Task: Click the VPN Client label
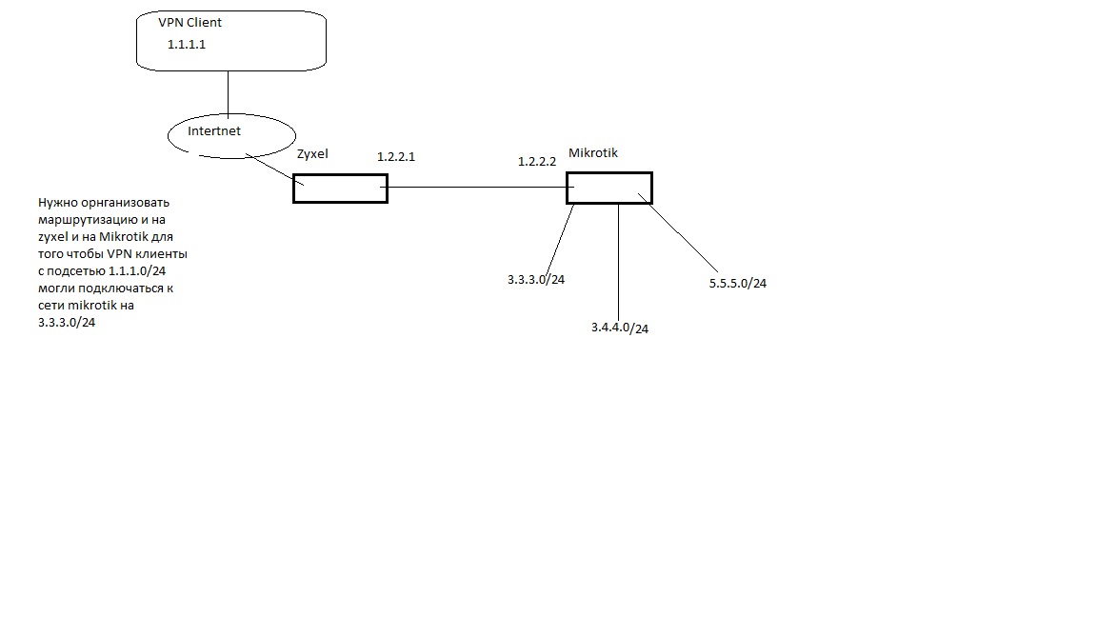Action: click(x=189, y=22)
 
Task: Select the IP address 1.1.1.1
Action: click(x=187, y=44)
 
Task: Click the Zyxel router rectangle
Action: click(x=340, y=189)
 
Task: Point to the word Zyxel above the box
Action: click(x=312, y=154)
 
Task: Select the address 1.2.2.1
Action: click(x=396, y=156)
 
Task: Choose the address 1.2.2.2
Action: click(x=537, y=162)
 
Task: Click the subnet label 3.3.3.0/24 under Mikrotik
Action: click(x=536, y=280)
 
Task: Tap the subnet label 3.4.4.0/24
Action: click(x=620, y=328)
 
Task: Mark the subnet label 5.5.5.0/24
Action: click(x=738, y=283)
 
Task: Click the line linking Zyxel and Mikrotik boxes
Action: click(x=476, y=188)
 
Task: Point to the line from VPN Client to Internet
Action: click(x=229, y=93)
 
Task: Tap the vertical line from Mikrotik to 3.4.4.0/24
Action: click(x=619, y=257)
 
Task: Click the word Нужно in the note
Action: click(x=57, y=203)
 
